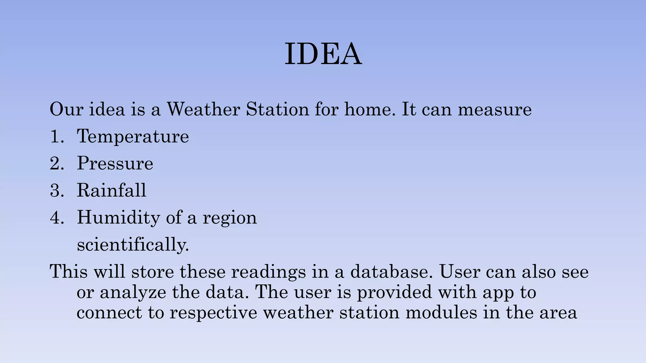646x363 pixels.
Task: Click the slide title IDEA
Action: click(x=323, y=54)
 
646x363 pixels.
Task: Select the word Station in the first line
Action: click(x=277, y=109)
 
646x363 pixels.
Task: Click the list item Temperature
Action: click(x=133, y=137)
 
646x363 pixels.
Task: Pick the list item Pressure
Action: click(x=115, y=164)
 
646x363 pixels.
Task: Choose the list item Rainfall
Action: click(x=112, y=190)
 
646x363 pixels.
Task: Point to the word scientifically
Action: click(x=133, y=245)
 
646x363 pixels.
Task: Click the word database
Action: click(x=391, y=272)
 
